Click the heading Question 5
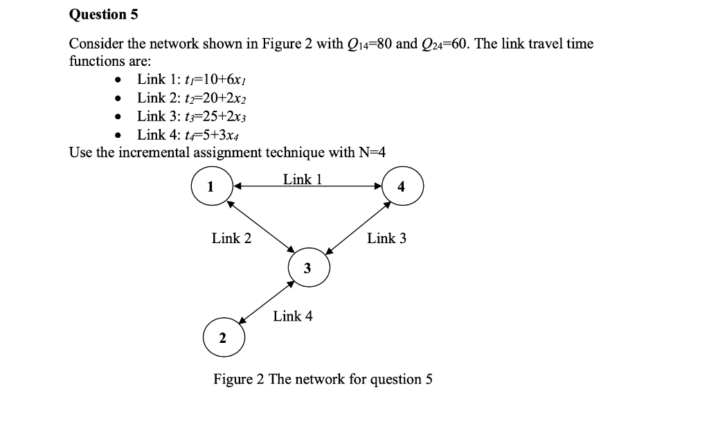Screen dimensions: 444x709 tap(98, 15)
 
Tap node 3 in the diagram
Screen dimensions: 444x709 tap(307, 267)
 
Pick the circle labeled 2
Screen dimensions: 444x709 tap(222, 338)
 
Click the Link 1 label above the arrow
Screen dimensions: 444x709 tap(303, 179)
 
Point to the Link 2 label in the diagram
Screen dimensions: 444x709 tap(231, 238)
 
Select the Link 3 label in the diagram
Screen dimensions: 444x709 tap(386, 238)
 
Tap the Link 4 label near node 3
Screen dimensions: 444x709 tap(292, 316)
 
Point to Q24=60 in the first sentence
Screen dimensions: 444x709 tap(443, 44)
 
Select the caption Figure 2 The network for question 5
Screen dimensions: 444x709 tap(323, 380)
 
